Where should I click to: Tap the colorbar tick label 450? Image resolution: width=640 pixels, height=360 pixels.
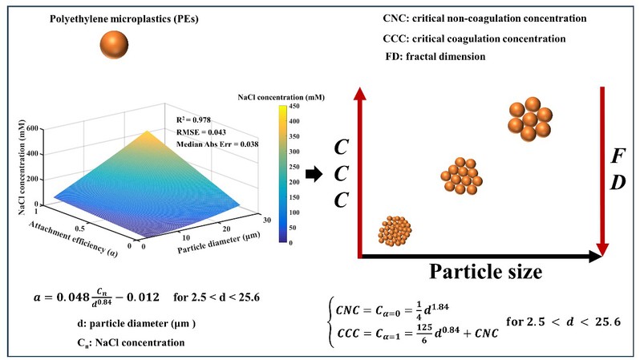pos(294,103)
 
